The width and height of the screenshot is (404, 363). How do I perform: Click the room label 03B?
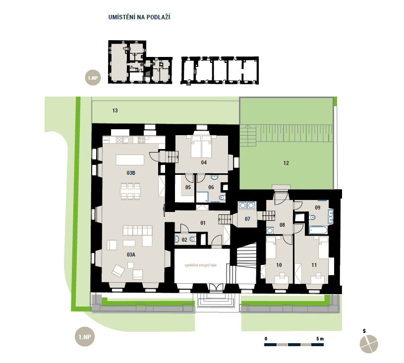pos(131,173)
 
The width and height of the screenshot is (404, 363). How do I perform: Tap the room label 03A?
pos(131,255)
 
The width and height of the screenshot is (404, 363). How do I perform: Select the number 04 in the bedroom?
pos(204,162)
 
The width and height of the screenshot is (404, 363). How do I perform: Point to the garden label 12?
pos(286,163)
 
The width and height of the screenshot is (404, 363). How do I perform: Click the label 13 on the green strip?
pos(115,110)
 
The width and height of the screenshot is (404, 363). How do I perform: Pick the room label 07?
pos(247,219)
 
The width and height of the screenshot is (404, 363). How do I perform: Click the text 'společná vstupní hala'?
pos(201,265)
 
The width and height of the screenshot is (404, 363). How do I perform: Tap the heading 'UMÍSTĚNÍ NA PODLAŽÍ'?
pos(139,17)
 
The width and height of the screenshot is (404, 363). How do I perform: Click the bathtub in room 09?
pos(318,230)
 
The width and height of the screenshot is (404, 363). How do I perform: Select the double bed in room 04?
pos(201,147)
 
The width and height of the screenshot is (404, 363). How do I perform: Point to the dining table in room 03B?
pos(130,191)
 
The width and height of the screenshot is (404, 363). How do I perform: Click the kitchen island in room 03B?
pos(130,160)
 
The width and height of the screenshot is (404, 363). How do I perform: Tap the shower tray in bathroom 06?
pos(202,197)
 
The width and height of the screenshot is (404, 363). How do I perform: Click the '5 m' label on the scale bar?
pos(320,339)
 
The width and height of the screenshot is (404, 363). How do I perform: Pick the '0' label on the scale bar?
pos(266,339)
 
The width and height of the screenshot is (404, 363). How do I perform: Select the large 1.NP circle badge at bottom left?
pos(85,337)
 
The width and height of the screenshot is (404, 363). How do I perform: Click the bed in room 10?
pos(271,248)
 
